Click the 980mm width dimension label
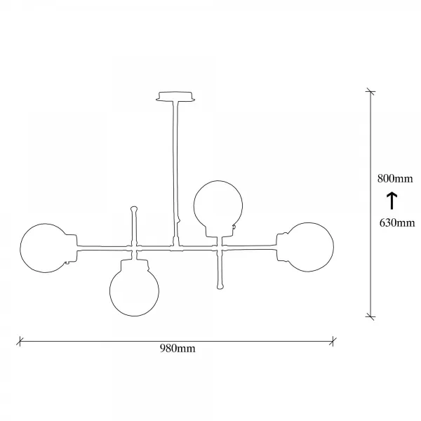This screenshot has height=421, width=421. (178, 349)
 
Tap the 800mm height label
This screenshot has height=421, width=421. (395, 178)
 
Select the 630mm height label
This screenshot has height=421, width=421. (397, 223)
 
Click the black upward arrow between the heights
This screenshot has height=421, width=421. (392, 201)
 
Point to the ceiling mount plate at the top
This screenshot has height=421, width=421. (175, 97)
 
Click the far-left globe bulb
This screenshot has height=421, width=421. (20, 248)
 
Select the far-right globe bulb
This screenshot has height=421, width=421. (333, 247)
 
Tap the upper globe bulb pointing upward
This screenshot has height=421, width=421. (218, 181)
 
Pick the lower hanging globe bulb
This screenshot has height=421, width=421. (134, 316)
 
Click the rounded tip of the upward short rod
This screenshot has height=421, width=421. (134, 208)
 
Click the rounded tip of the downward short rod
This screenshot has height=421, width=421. (220, 287)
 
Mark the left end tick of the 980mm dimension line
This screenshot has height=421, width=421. (20, 341)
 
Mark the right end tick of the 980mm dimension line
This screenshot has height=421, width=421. (333, 341)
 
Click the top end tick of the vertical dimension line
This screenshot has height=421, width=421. (370, 91)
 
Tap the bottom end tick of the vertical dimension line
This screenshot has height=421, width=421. (370, 316)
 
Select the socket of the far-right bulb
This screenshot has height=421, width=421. (283, 247)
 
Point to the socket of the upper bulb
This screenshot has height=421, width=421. (219, 232)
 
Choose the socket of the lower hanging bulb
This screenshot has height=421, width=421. (134, 265)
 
